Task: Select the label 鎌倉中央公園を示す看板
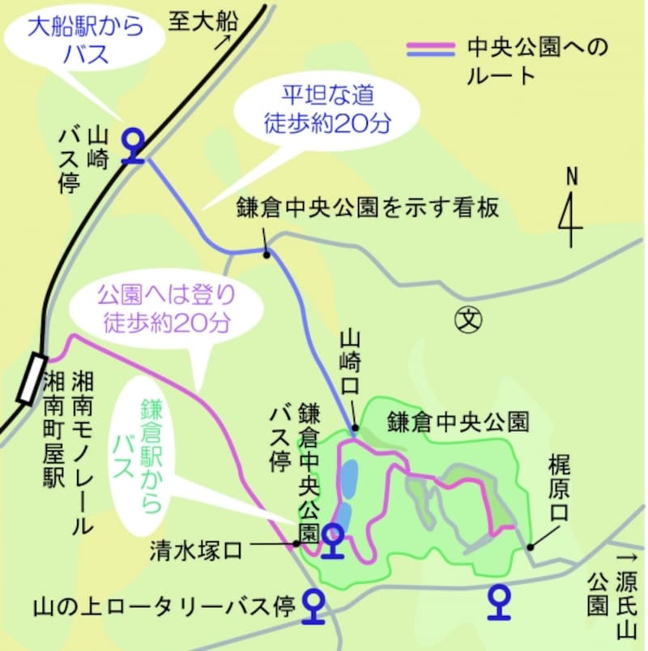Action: click(x=368, y=208)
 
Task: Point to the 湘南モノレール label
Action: click(x=81, y=452)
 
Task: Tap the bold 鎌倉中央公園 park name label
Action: click(x=458, y=422)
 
